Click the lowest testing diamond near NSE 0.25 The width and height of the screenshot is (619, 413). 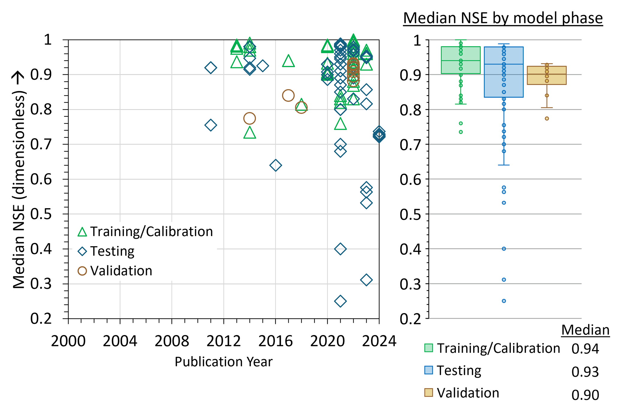(340, 301)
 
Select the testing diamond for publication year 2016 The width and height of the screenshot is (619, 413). (275, 165)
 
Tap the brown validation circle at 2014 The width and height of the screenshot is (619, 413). (249, 118)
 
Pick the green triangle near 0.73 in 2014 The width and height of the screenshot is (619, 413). (249, 133)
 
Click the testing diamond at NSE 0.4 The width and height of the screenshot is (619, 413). (340, 249)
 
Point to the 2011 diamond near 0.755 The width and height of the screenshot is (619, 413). (211, 125)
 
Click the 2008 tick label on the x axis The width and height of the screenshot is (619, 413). (172, 341)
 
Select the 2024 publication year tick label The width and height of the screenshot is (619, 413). (379, 341)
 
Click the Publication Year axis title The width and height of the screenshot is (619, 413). (224, 362)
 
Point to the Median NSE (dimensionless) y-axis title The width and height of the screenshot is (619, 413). (19, 180)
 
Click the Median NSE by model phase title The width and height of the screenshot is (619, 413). (503, 18)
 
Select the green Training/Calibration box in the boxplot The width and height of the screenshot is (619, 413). (461, 60)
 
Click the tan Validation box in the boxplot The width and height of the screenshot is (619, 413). (547, 75)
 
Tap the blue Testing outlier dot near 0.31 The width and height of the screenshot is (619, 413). (504, 280)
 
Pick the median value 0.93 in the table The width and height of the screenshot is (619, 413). (585, 372)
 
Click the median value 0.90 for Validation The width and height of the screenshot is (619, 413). (585, 395)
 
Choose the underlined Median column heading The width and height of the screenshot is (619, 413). (585, 330)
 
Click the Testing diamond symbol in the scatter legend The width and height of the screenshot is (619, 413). (82, 251)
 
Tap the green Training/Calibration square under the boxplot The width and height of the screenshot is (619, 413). (429, 348)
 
